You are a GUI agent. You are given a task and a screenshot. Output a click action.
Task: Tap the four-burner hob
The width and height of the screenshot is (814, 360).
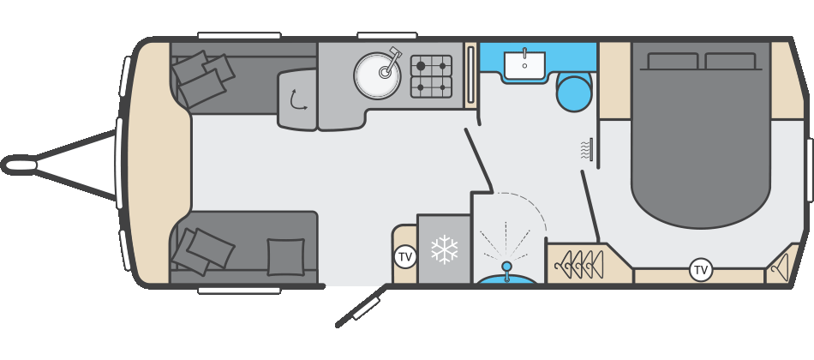pos(431,76)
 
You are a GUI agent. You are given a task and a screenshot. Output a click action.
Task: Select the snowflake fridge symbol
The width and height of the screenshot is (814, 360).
pos(444,250)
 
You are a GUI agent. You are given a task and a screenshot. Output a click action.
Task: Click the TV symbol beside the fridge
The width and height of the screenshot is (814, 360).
pos(404,255)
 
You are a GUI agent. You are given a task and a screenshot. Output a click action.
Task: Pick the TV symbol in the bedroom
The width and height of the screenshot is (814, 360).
pos(701,270)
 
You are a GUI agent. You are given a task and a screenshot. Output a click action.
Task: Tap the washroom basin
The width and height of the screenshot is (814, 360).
pos(523,65)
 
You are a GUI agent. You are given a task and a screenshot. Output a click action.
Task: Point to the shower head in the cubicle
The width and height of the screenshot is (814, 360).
pos(506,266)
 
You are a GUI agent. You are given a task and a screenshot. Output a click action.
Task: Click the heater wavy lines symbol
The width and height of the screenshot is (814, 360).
pos(586,150)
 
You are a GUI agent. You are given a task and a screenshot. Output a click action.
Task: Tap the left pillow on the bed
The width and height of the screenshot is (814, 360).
pos(674,61)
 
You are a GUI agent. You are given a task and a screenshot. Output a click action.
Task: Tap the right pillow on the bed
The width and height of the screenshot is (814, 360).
pos(729,61)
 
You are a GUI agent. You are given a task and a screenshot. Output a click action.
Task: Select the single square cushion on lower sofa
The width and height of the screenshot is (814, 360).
pos(285,256)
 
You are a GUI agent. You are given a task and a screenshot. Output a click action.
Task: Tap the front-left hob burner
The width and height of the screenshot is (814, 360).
pos(421,87)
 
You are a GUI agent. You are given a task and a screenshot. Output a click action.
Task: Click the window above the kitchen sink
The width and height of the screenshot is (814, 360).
pos(386,36)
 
